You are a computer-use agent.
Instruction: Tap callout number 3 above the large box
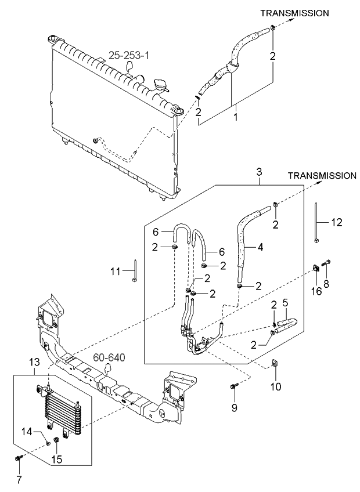[259, 171]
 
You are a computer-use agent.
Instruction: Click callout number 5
[285, 303]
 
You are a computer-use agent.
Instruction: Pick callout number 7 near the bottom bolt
[18, 480]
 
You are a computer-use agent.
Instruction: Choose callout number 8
[326, 284]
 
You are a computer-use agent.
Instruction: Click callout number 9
[235, 408]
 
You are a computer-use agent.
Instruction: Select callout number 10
[276, 386]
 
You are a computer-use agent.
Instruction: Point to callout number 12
[337, 222]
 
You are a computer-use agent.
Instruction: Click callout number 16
[316, 290]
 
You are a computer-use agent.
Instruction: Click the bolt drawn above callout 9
[235, 386]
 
